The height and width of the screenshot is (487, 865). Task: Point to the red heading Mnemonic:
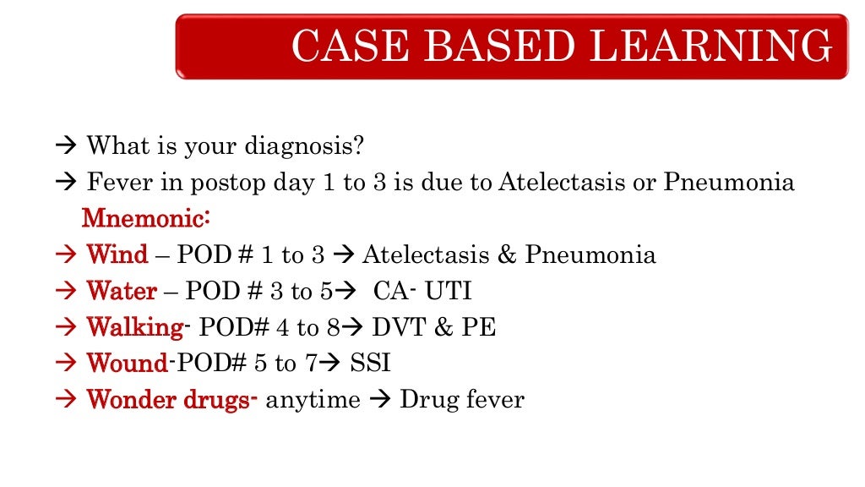(x=145, y=218)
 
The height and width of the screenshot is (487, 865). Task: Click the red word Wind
(x=117, y=254)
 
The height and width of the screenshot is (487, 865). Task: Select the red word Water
(x=122, y=292)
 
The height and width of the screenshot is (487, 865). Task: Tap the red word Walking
(x=134, y=328)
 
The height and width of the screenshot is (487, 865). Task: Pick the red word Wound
(x=128, y=364)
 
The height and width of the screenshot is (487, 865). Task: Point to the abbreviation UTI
(x=448, y=292)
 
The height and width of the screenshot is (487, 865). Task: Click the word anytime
(x=313, y=400)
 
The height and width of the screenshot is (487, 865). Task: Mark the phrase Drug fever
(x=462, y=400)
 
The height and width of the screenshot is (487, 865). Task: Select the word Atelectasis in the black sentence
(x=554, y=182)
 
